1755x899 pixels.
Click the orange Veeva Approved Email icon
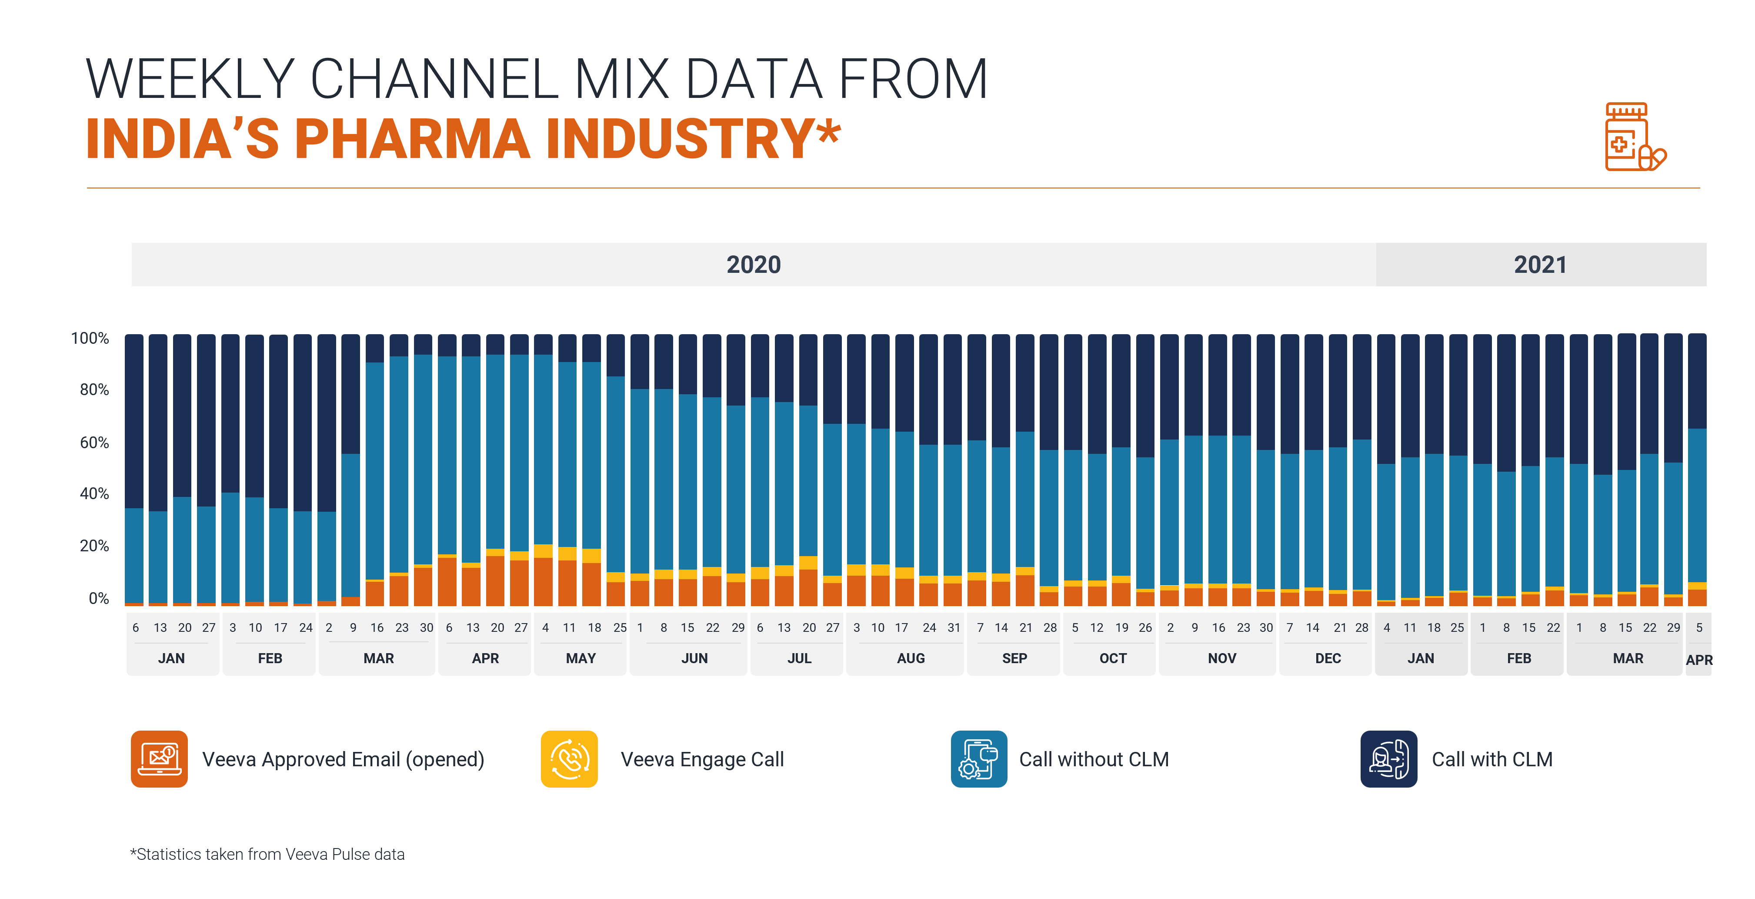159,758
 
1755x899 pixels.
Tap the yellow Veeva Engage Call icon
569,758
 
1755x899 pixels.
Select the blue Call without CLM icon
978,758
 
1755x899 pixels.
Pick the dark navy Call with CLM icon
1388,758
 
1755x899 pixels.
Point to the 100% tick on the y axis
90,338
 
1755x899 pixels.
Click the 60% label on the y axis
94,443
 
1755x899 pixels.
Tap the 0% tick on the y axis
98,598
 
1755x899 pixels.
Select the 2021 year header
1540,265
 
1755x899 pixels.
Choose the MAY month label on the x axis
581,658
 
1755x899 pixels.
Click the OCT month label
1113,658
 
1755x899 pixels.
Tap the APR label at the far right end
1698,660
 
